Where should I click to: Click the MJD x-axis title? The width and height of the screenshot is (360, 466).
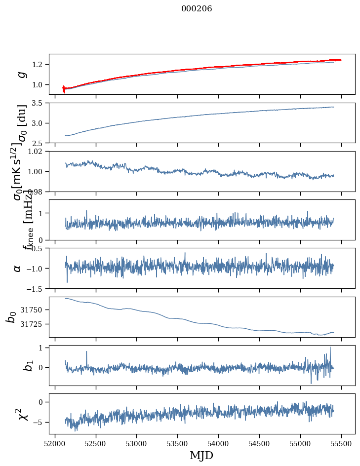201,455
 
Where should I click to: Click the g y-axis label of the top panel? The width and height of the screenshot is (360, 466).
21,74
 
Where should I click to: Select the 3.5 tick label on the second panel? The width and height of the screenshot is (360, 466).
40,103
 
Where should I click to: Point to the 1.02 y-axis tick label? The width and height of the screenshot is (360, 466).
38,152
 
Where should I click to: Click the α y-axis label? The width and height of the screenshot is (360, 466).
18,268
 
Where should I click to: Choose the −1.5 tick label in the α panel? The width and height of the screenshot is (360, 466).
36,288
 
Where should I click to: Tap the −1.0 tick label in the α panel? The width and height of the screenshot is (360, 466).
36,269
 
